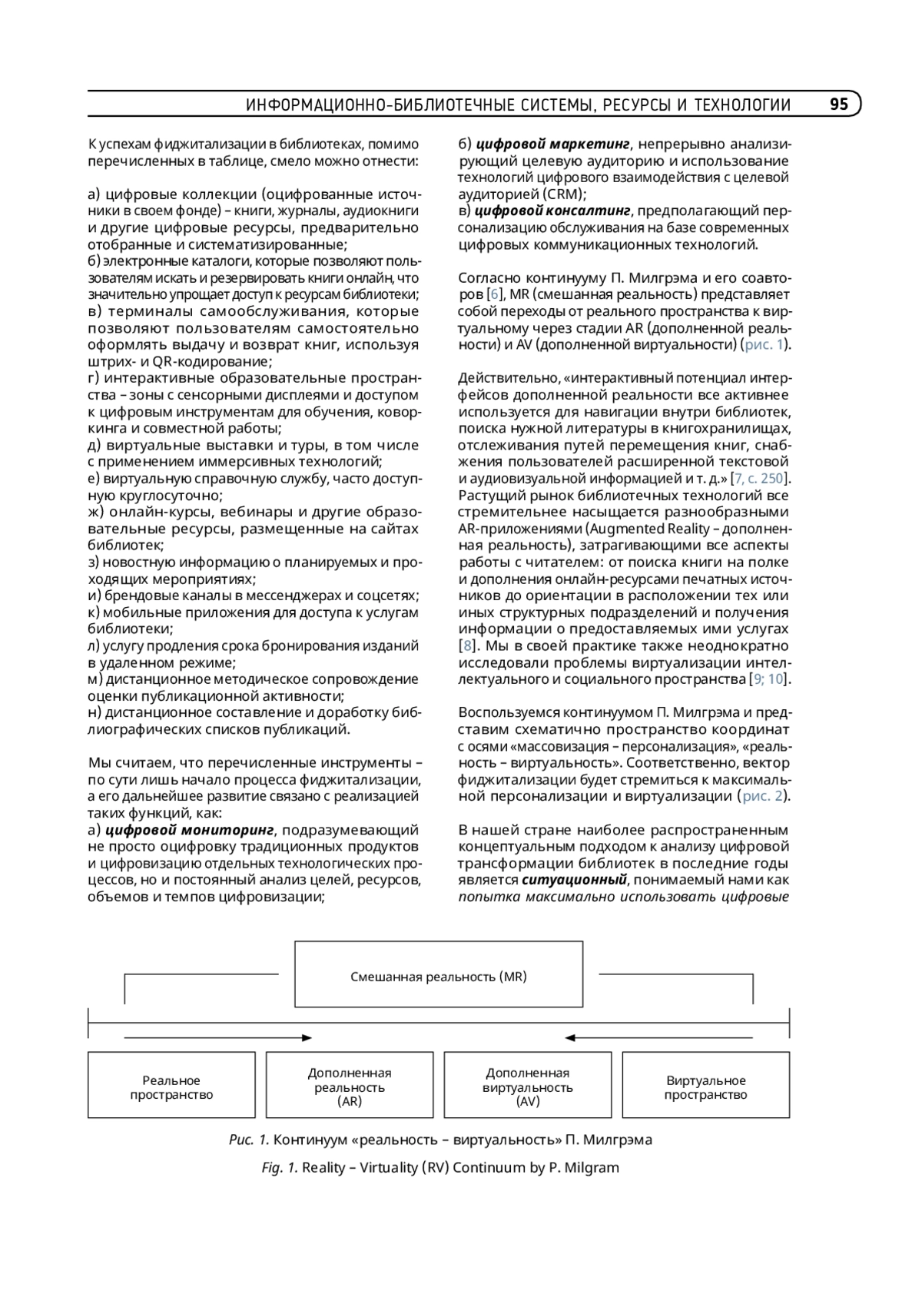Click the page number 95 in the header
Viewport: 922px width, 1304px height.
pyautogui.click(x=838, y=105)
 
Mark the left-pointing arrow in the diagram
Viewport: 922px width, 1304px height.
pyautogui.click(x=659, y=1038)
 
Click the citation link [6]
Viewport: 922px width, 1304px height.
pyautogui.click(x=495, y=294)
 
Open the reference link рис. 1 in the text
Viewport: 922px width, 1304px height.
pyautogui.click(x=765, y=344)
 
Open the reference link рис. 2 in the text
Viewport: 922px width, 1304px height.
pyautogui.click(x=764, y=796)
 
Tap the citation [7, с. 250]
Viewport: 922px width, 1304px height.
pyautogui.click(x=760, y=479)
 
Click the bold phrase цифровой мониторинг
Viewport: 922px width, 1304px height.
pyautogui.click(x=190, y=830)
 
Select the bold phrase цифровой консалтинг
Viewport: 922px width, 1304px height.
pyautogui.click(x=552, y=211)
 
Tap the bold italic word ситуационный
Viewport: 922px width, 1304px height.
pyautogui.click(x=575, y=880)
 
